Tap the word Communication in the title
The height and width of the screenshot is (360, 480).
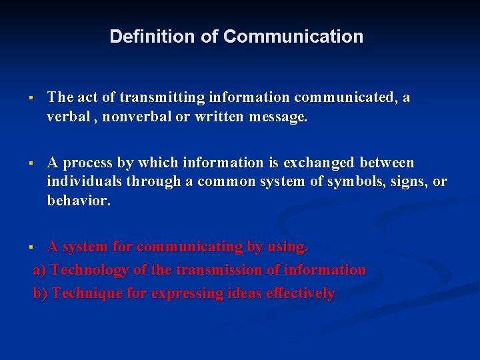293,37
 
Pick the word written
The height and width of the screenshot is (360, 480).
220,117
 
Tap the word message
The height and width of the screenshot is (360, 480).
278,118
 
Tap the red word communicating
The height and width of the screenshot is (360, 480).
190,247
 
